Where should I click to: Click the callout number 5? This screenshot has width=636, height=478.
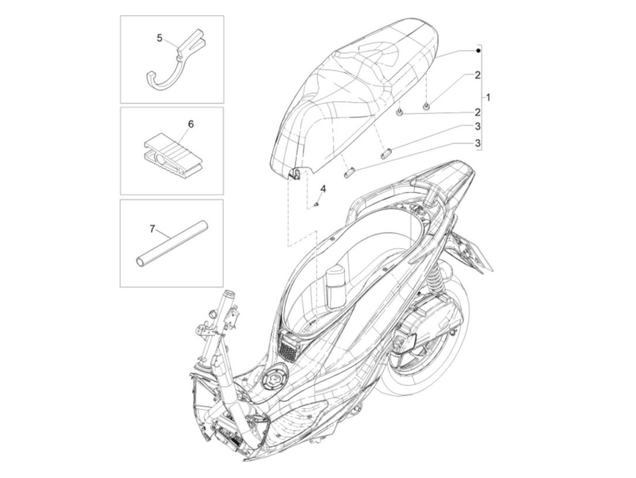[159, 38]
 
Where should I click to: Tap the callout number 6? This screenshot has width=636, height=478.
[191, 124]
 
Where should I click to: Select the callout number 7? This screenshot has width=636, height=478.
[153, 229]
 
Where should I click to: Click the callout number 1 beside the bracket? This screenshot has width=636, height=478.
[488, 97]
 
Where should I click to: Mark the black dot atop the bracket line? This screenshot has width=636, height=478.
[478, 50]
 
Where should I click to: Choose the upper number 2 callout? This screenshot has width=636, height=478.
[477, 75]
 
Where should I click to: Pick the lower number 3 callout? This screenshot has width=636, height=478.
[477, 143]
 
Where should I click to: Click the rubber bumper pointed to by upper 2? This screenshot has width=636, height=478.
[427, 106]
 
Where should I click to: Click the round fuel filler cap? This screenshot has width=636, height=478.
[273, 378]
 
